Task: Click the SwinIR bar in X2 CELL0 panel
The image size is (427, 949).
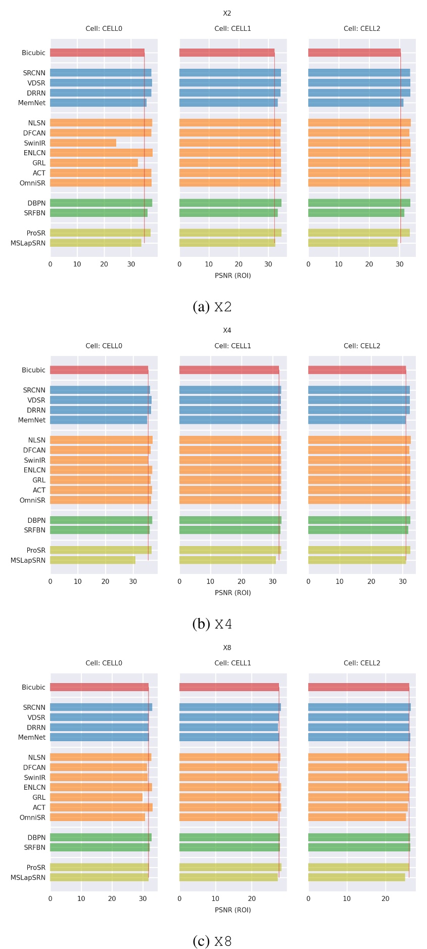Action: [x=83, y=143]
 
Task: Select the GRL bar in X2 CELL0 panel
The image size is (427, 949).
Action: [x=93, y=163]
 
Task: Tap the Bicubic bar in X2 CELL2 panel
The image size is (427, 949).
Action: [x=354, y=53]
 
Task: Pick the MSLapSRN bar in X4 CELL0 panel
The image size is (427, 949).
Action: [x=92, y=560]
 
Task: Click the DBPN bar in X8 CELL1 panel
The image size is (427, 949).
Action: [x=229, y=837]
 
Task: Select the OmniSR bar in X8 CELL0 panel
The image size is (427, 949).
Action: [x=97, y=817]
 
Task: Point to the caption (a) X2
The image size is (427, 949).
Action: [x=212, y=307]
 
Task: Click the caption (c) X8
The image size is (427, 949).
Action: [x=212, y=941]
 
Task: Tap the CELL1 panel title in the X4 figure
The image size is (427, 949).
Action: [x=232, y=346]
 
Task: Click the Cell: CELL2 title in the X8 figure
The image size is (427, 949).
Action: [x=362, y=663]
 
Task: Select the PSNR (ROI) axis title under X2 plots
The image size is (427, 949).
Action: [x=232, y=276]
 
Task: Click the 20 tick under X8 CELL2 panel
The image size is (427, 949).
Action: [x=386, y=898]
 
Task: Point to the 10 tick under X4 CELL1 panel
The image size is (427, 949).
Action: [x=210, y=581]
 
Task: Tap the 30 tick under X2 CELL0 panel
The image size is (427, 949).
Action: [x=131, y=264]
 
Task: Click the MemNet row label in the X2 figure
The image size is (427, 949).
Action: [x=32, y=103]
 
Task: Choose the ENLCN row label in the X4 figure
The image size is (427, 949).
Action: [x=34, y=470]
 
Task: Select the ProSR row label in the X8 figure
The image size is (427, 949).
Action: [x=36, y=867]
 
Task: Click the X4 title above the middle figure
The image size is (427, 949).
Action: [x=227, y=330]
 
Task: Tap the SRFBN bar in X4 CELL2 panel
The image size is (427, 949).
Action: [x=358, y=530]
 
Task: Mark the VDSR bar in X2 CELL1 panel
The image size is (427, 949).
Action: [x=229, y=83]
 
